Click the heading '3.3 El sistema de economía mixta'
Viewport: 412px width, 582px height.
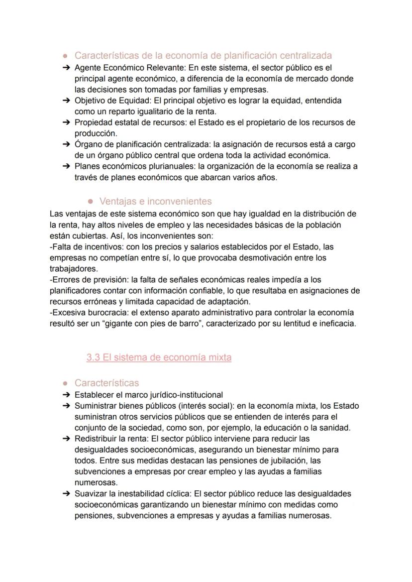point(159,357)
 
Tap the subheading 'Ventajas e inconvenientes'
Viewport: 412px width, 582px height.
point(155,201)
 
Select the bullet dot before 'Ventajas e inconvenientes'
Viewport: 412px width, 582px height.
point(91,202)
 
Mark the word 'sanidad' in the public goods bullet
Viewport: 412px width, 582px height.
point(335,428)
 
